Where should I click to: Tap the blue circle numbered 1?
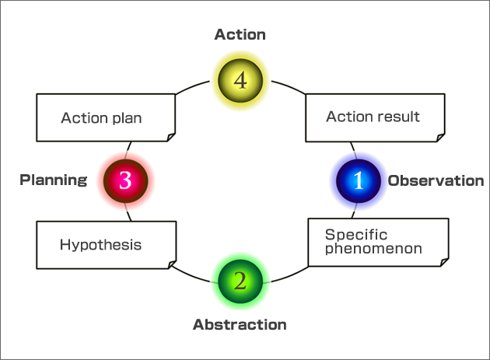coord(358,180)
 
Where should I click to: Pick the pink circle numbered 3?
coord(125,180)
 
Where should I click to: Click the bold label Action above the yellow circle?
coord(240,34)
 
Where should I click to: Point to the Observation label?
coord(436,180)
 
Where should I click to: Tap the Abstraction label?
coord(240,324)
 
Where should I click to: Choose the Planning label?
coord(53,180)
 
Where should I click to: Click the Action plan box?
coord(106,118)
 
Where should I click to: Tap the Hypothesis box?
coord(106,245)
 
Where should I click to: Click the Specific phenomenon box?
coord(378,242)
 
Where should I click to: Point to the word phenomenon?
coord(373,249)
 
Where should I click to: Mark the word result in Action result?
coord(399,117)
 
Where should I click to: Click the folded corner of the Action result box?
coord(441,138)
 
